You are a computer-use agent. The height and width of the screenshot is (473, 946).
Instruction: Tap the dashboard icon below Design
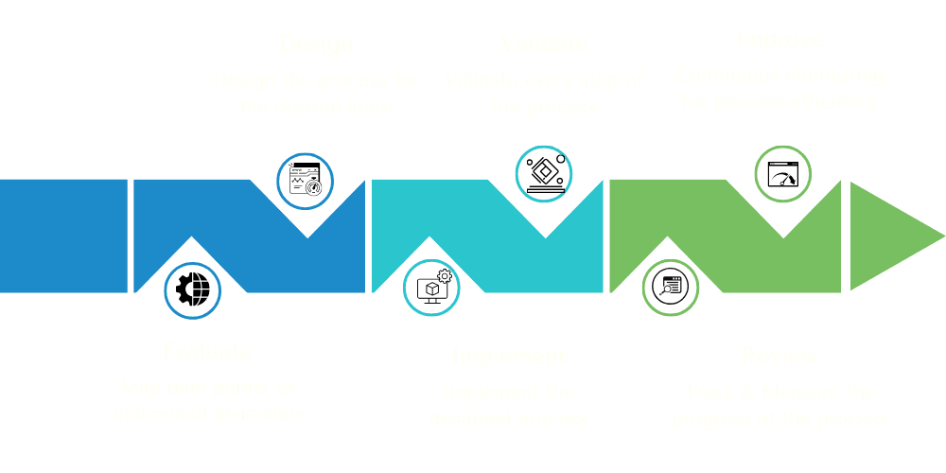coord(305,180)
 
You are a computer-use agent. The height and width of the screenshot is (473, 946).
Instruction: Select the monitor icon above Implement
coord(431,288)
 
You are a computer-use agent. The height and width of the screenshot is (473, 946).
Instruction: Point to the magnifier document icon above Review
coord(670,288)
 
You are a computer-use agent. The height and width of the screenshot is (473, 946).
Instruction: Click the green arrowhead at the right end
coord(894,236)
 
